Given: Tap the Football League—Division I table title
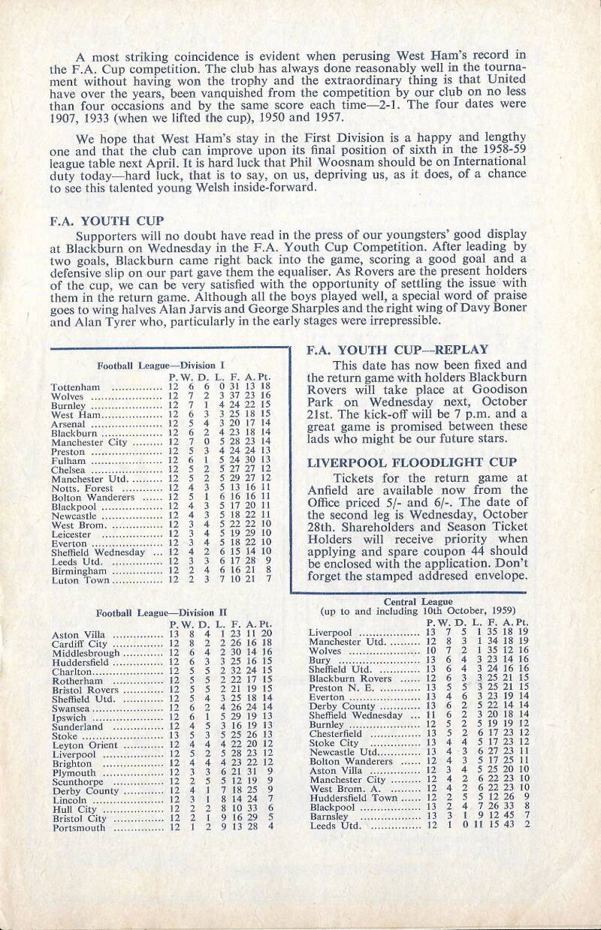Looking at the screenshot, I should (x=156, y=365).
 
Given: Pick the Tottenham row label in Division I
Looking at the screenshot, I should (x=73, y=387).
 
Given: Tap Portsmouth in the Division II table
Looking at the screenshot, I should (x=77, y=826).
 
